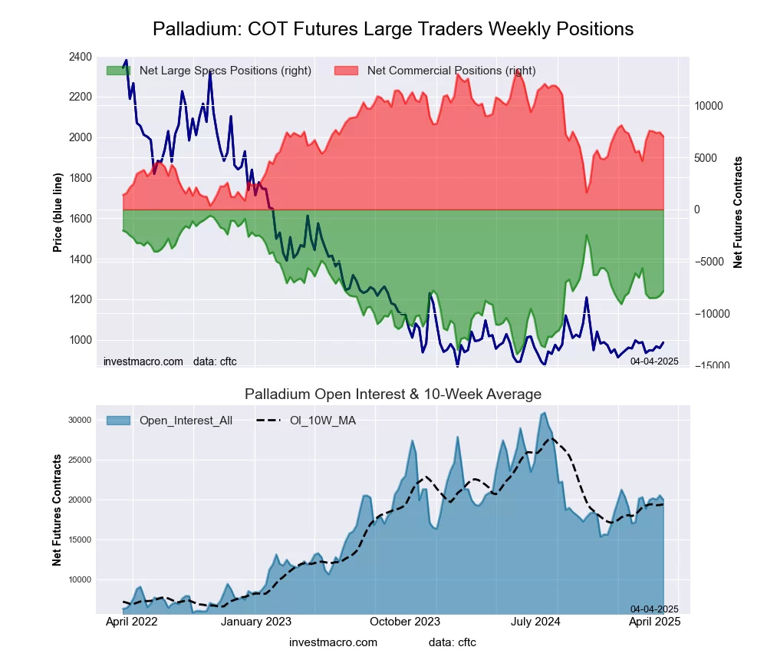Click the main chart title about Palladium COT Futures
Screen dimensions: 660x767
[x=393, y=29]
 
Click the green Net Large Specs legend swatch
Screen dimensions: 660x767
[x=119, y=71]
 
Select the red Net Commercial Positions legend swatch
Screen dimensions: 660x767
[x=347, y=71]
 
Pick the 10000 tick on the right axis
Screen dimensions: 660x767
[x=710, y=106]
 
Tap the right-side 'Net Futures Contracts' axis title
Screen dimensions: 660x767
[x=738, y=212]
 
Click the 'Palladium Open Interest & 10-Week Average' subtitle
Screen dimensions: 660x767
[x=393, y=394]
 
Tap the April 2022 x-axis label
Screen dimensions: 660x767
[x=131, y=622]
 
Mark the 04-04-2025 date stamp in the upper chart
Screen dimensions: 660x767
[x=654, y=361]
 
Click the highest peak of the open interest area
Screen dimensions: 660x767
[x=544, y=413]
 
